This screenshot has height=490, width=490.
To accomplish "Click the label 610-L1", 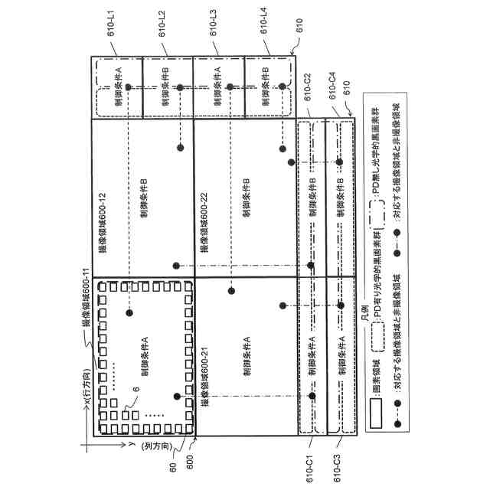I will [x=116, y=28].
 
